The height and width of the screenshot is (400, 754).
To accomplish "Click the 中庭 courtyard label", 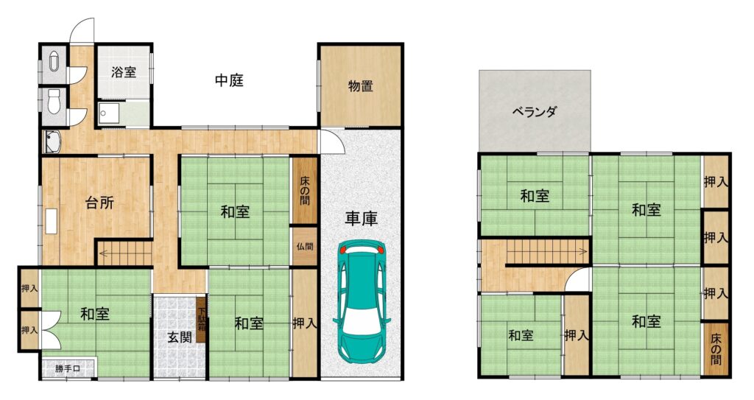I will pyautogui.click(x=229, y=80).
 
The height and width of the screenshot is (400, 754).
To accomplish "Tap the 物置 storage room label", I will pyautogui.click(x=361, y=86).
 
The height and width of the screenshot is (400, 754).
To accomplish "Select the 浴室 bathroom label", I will pyautogui.click(x=124, y=72).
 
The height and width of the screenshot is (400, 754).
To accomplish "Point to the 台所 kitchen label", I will pyautogui.click(x=99, y=203).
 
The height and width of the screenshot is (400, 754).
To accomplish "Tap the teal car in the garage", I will pyautogui.click(x=362, y=301).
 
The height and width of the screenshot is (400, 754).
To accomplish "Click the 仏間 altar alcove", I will pyautogui.click(x=304, y=247).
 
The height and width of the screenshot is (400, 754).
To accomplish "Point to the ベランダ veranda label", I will pyautogui.click(x=535, y=112).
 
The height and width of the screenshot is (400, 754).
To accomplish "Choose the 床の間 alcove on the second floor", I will pyautogui.click(x=716, y=348).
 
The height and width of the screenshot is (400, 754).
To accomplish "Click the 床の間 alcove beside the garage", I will pyautogui.click(x=304, y=189).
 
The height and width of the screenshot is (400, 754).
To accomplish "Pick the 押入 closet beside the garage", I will pyautogui.click(x=304, y=323).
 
